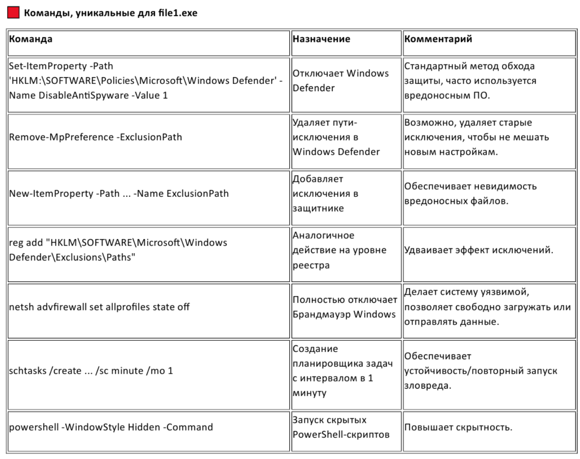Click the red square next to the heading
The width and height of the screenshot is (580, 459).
14,13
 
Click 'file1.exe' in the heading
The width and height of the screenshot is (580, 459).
177,13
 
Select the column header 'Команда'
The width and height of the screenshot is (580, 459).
31,39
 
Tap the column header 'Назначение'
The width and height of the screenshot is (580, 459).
321,39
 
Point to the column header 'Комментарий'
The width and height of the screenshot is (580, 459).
438,39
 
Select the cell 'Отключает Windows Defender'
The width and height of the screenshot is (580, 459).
340,80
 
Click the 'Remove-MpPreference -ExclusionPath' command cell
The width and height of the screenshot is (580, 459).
96,137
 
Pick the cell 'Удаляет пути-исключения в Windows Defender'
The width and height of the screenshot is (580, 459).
336,137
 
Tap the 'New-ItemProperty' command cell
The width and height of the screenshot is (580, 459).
119,194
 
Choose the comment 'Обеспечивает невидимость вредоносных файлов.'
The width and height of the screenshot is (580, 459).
470,194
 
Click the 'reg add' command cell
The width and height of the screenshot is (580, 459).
118,250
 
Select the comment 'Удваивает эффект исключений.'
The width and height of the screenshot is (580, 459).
478,250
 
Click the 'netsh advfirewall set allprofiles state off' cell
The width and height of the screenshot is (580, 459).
99,307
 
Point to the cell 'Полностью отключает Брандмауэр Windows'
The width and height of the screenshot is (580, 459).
345,307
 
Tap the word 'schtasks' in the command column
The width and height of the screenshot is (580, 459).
27,371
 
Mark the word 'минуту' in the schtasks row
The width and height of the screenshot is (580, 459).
309,393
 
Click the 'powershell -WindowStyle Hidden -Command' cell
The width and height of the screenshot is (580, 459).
111,427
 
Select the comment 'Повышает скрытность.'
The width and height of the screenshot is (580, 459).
458,427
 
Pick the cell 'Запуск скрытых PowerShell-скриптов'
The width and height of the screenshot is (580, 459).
340,427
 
